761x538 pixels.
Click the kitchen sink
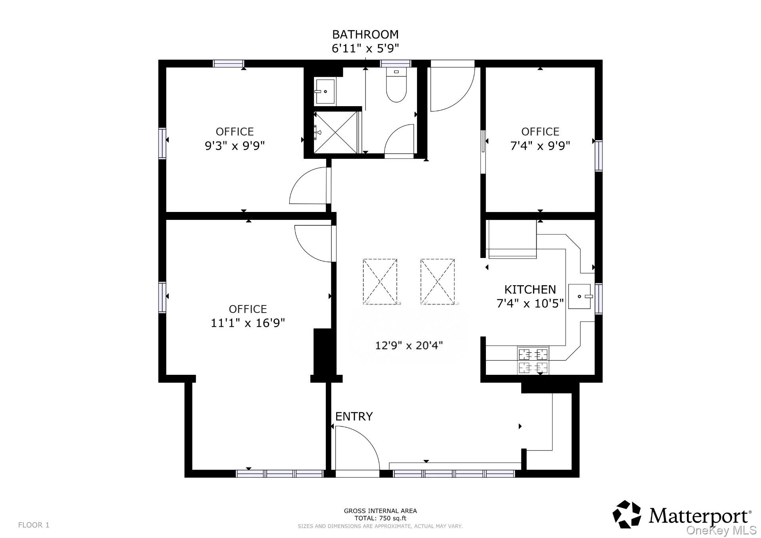pos(580,296)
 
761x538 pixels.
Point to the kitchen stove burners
pos(533,360)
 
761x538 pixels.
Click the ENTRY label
pos(354,416)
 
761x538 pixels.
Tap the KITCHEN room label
pos(530,289)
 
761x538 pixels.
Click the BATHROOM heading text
pos(365,34)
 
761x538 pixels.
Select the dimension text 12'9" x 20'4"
pos(409,345)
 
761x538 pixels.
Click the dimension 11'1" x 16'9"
pos(248,323)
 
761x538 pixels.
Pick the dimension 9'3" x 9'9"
pos(235,146)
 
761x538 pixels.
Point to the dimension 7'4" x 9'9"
pos(540,146)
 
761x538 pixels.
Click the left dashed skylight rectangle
pos(380,282)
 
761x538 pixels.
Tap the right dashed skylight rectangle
pos(437,282)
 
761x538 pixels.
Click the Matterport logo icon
pos(627,514)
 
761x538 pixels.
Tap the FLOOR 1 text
pos(34,525)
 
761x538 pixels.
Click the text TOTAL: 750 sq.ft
pos(380,518)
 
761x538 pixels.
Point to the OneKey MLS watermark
pos(721,530)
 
